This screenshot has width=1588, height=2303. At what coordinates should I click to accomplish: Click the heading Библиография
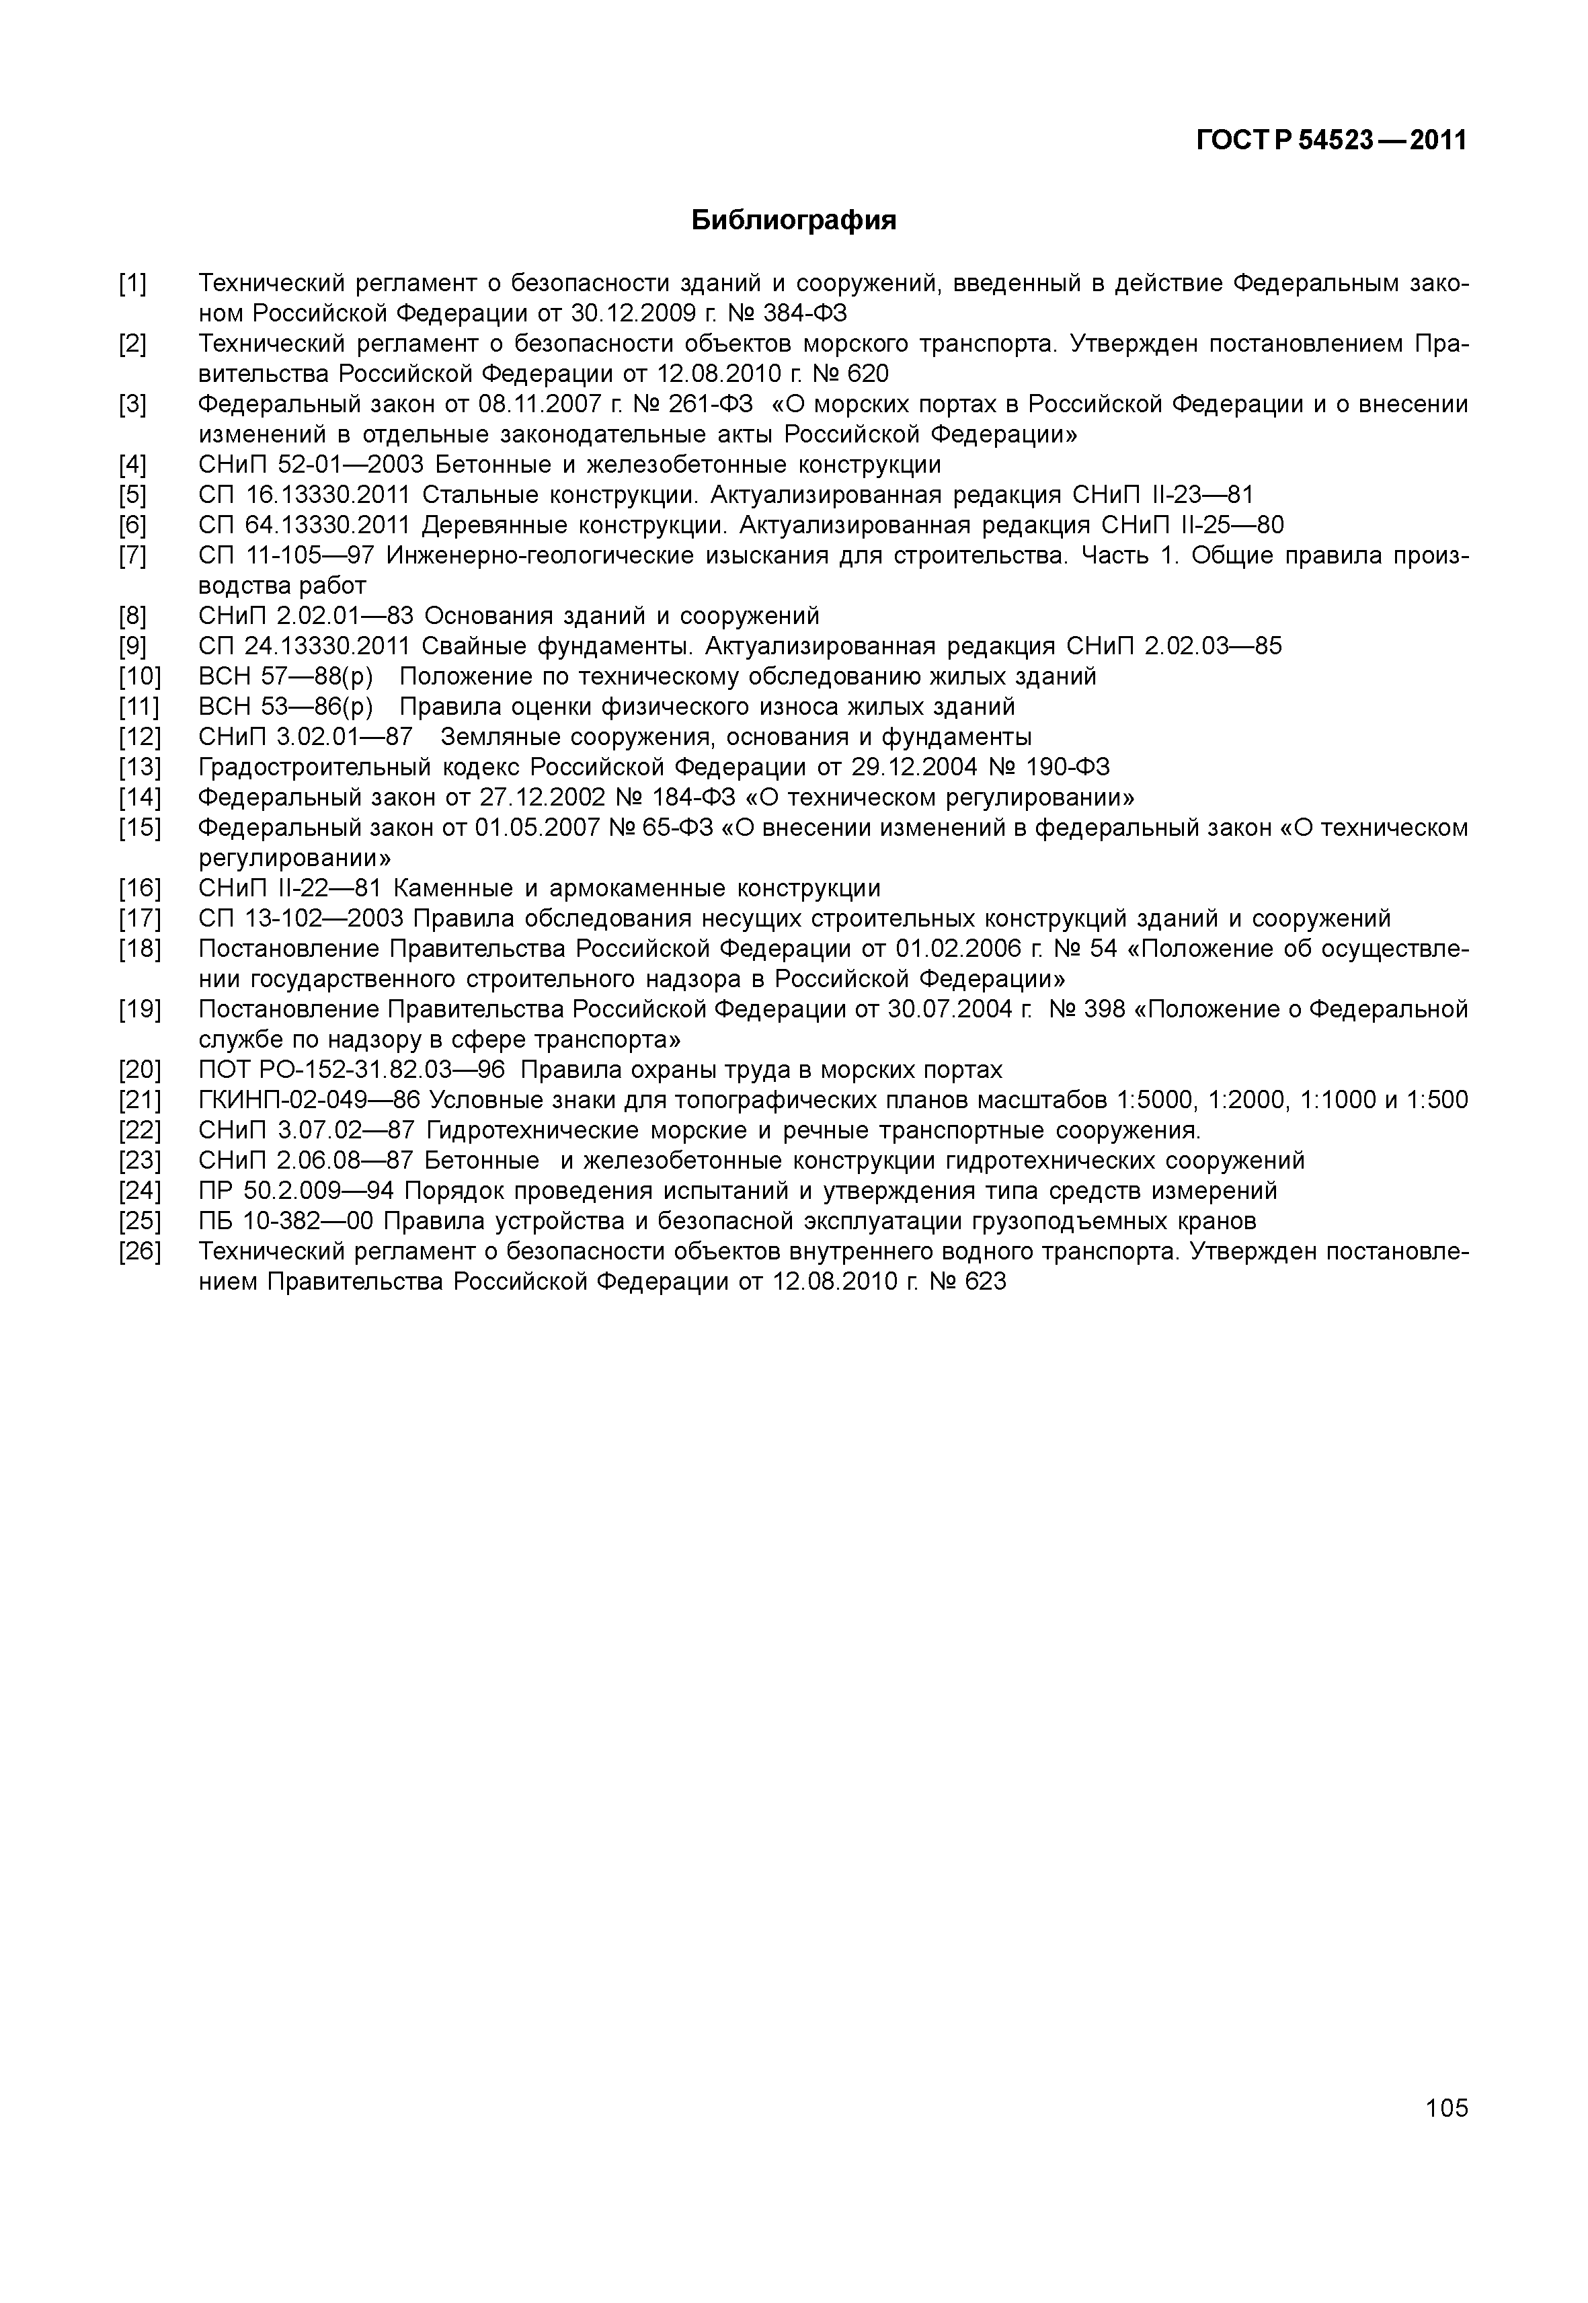pyautogui.click(x=793, y=220)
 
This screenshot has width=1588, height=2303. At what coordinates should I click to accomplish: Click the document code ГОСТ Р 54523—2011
pyautogui.click(x=1331, y=141)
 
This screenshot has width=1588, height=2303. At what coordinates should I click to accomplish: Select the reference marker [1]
pyautogui.click(x=132, y=284)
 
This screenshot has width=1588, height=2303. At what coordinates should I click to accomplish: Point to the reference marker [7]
pyautogui.click(x=132, y=556)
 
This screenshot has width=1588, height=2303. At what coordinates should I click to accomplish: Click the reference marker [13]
pyautogui.click(x=139, y=767)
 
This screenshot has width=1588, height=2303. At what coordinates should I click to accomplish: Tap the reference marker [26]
pyautogui.click(x=139, y=1252)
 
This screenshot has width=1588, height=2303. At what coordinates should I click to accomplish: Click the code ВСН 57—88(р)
pyautogui.click(x=286, y=676)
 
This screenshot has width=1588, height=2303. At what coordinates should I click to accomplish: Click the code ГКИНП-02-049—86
pyautogui.click(x=309, y=1101)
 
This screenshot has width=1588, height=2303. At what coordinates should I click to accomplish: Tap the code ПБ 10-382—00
pyautogui.click(x=286, y=1221)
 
